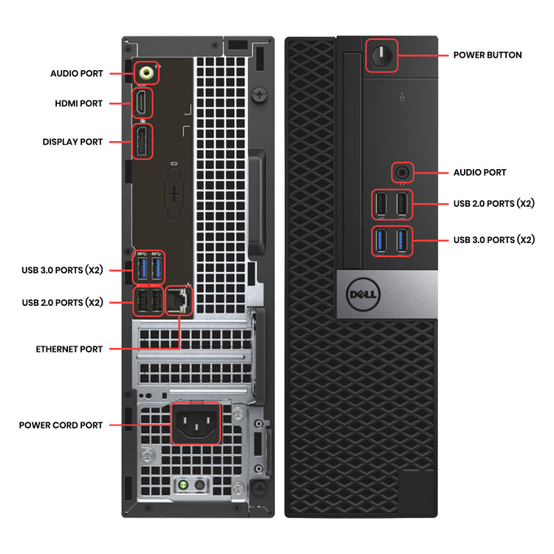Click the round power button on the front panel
click(x=381, y=55)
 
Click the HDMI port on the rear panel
click(x=140, y=103)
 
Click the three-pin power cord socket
click(x=196, y=424)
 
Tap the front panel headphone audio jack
click(x=401, y=172)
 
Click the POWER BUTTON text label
click(x=488, y=55)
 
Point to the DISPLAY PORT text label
click(x=72, y=141)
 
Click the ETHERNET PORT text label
click(x=69, y=349)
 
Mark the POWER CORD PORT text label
click(x=61, y=425)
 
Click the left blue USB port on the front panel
click(x=381, y=240)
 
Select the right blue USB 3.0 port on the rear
click(x=157, y=267)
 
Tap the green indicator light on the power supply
click(x=179, y=485)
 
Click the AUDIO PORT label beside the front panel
click(x=479, y=172)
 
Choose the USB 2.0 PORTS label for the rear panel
click(x=62, y=302)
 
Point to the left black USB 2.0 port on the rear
click(x=140, y=301)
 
